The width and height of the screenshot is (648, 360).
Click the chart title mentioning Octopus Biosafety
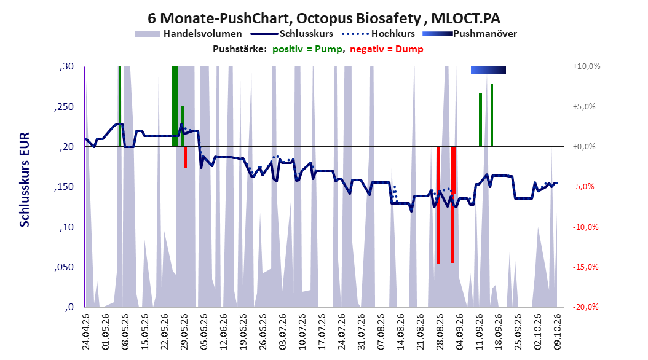(324, 18)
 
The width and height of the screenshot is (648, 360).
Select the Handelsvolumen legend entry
(189, 34)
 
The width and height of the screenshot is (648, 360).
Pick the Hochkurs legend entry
(379, 34)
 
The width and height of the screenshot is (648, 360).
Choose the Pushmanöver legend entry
(470, 34)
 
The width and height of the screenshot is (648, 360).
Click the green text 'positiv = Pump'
(307, 49)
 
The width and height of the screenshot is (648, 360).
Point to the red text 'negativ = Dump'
(387, 49)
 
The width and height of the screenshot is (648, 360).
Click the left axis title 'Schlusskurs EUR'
(25, 179)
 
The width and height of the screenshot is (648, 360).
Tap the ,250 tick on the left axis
(64, 106)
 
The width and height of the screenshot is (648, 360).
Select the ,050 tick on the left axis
(64, 267)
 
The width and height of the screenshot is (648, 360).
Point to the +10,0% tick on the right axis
(587, 66)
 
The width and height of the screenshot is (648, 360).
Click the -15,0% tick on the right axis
(585, 267)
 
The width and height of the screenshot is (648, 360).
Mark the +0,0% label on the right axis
(584, 147)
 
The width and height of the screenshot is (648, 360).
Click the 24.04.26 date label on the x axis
(86, 332)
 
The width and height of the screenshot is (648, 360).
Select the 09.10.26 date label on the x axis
(557, 332)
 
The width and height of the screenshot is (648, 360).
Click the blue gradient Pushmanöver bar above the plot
(488, 70)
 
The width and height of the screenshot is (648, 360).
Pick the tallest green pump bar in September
(492, 115)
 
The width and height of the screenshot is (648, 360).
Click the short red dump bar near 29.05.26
(185, 157)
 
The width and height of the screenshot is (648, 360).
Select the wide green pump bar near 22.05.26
(175, 106)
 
